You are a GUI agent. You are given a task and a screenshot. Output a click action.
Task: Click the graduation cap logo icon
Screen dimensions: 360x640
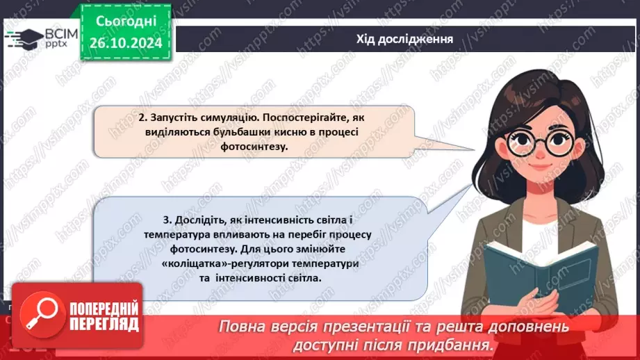click(26, 38)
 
